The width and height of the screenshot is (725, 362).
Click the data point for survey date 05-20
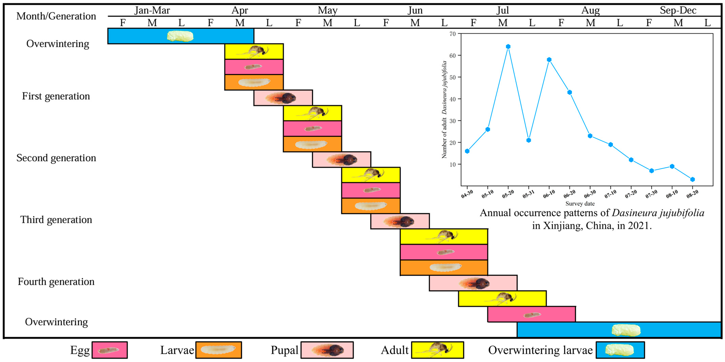point(508,47)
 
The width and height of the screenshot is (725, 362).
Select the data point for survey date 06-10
point(549,60)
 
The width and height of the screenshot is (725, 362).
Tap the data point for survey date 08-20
point(692,179)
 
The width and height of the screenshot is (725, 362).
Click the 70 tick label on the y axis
point(452,34)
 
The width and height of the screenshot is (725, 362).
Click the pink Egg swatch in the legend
point(109,350)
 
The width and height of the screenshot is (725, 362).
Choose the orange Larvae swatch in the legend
point(218,350)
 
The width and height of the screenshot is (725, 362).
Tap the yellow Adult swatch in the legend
point(437,350)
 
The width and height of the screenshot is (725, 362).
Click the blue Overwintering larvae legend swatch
point(620,350)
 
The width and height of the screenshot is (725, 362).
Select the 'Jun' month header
point(415,10)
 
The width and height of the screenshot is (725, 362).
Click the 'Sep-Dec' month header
point(678,10)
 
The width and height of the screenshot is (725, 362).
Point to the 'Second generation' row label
point(56,158)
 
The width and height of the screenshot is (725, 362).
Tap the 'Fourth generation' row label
point(56,282)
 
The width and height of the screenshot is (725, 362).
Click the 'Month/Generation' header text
point(56,16)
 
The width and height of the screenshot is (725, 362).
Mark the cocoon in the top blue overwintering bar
point(180,36)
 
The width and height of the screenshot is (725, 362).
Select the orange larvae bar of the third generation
point(371,206)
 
